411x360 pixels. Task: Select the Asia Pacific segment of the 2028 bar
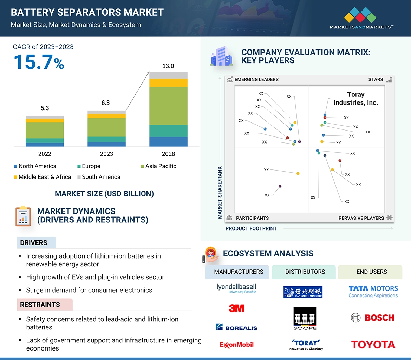point(168,106)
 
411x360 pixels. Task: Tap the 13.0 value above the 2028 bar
point(168,66)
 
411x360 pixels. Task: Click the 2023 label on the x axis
point(106,154)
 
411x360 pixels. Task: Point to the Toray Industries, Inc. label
point(355,99)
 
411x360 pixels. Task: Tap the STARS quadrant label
point(376,80)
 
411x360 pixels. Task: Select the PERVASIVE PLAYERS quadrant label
point(361,218)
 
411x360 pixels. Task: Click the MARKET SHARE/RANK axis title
point(220,192)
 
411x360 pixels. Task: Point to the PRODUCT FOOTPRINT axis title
point(251,228)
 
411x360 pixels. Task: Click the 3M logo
point(236,308)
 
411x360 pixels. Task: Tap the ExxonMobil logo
point(236,345)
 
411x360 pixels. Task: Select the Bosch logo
point(373,318)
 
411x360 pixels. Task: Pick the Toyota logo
point(373,345)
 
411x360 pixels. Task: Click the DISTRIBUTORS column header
point(305,272)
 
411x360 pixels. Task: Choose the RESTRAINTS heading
point(40,305)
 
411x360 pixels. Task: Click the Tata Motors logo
point(373,291)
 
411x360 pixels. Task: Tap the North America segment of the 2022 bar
point(45,144)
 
